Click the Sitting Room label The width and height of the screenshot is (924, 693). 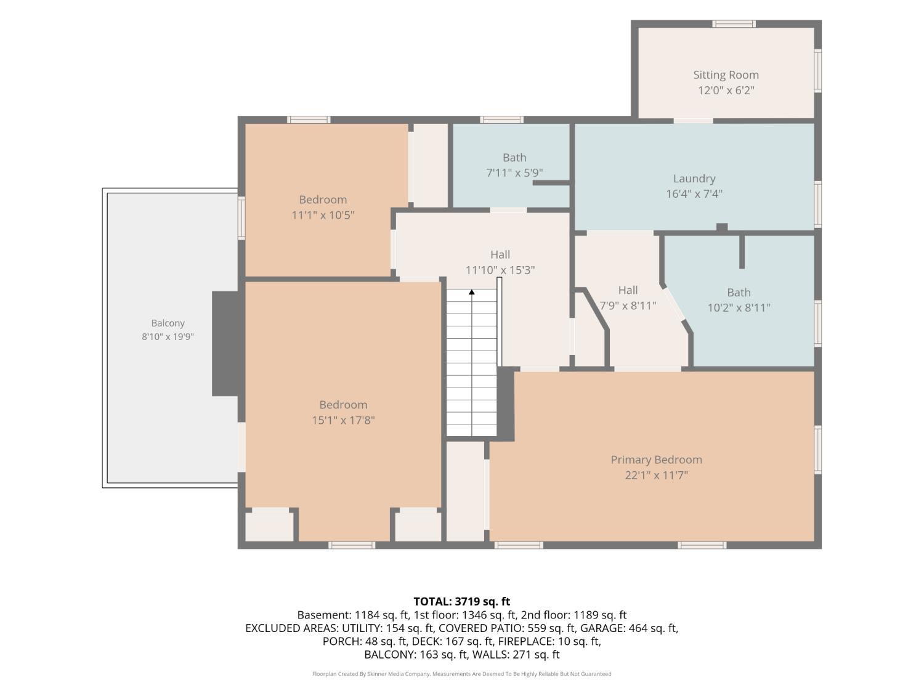pyautogui.click(x=726, y=75)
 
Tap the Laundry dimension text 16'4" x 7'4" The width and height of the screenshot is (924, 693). pyautogui.click(x=694, y=193)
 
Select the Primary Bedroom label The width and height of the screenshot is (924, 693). pyautogui.click(x=656, y=460)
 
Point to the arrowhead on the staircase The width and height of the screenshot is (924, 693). pyautogui.click(x=471, y=292)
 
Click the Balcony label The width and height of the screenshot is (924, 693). pyautogui.click(x=168, y=323)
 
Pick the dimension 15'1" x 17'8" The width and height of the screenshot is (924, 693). pyautogui.click(x=342, y=420)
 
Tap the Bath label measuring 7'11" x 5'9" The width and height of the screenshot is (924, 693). pyautogui.click(x=514, y=157)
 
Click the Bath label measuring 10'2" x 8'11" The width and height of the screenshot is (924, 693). pyautogui.click(x=739, y=293)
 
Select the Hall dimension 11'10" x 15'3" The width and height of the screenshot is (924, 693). pyautogui.click(x=500, y=270)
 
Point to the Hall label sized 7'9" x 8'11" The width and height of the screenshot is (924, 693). pyautogui.click(x=628, y=290)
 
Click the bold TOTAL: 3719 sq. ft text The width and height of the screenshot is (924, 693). pyautogui.click(x=461, y=601)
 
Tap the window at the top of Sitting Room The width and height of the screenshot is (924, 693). pyautogui.click(x=733, y=23)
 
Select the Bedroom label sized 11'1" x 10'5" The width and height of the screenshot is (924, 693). pyautogui.click(x=322, y=200)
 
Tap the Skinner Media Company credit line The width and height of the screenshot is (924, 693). pyautogui.click(x=461, y=674)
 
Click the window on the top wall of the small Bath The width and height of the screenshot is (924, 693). pyautogui.click(x=501, y=120)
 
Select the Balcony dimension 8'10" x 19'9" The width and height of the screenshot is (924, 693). pyautogui.click(x=168, y=336)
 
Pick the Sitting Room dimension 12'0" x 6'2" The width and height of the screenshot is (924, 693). pyautogui.click(x=726, y=90)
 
